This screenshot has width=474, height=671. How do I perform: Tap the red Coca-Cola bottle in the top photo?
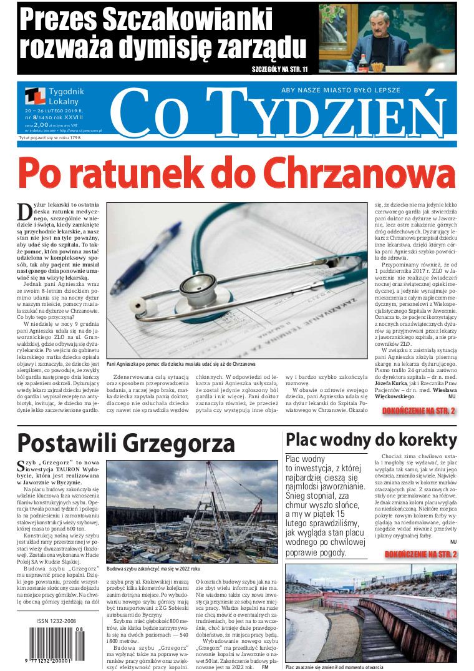pos(363,63)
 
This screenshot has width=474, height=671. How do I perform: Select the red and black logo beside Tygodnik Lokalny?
pos(36,97)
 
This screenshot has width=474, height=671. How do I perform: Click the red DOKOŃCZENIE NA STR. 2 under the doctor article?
pos(418,411)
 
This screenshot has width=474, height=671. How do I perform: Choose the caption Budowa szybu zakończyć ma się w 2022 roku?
pos(153,569)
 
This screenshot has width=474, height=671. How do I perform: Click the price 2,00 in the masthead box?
pos(41,125)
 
